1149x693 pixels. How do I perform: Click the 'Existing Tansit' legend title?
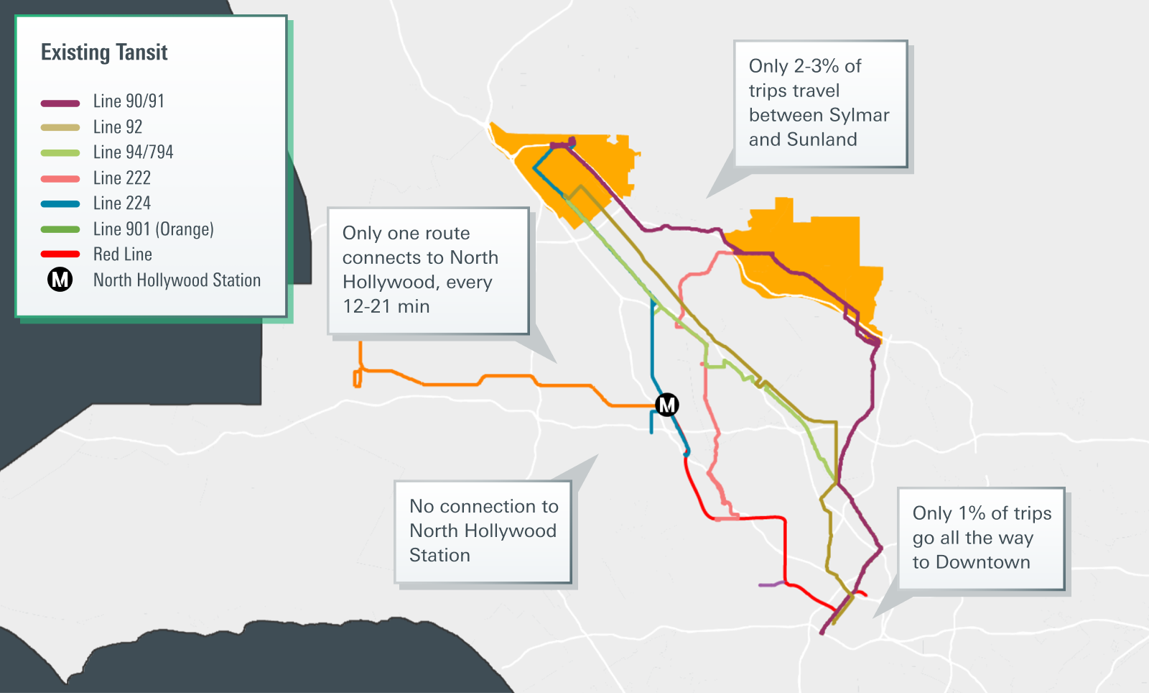coord(104,52)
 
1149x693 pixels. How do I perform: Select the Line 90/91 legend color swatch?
coord(60,103)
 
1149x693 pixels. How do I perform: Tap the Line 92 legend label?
coord(118,127)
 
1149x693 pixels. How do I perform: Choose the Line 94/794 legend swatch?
coord(60,153)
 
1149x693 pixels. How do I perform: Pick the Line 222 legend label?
coord(122,178)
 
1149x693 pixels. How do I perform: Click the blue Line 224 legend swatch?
coord(60,204)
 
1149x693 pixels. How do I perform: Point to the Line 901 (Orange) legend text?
coord(154,229)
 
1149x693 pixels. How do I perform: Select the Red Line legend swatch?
coord(60,254)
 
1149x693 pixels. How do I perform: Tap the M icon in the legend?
coord(60,280)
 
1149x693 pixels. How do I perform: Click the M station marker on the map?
coord(667,405)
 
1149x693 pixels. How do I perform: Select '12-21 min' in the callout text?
coord(386,307)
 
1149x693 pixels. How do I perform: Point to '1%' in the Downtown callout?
coord(972,513)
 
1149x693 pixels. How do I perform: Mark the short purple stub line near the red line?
coord(771,584)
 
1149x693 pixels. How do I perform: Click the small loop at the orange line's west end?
coord(357,378)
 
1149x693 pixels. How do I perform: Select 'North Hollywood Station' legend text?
coord(177,280)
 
